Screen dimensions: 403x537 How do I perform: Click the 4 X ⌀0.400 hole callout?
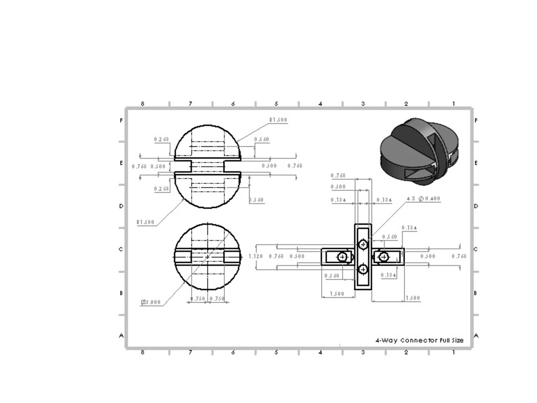[x=423, y=199]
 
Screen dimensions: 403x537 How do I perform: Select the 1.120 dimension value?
[x=256, y=256]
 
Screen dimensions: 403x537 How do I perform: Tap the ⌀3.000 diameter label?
[x=151, y=302]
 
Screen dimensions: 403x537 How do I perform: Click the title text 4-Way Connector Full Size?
[x=419, y=340]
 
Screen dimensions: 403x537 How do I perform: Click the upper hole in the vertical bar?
[x=363, y=244]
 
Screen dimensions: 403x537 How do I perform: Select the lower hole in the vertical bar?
[x=363, y=269]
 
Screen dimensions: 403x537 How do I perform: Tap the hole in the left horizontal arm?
[x=342, y=257]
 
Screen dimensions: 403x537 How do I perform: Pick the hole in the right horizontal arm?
[x=383, y=257]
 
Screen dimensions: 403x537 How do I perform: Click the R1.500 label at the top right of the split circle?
[x=278, y=120]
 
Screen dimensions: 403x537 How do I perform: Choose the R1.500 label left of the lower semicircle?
[x=145, y=222]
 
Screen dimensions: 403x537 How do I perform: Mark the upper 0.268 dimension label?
[x=161, y=140]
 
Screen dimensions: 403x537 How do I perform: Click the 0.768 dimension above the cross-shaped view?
[x=338, y=176]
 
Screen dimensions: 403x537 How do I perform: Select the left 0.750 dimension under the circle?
[x=199, y=299]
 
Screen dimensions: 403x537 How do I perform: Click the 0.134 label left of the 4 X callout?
[x=383, y=200]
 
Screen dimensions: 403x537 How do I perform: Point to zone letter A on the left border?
[x=121, y=335]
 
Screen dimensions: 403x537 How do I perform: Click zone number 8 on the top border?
[x=142, y=104]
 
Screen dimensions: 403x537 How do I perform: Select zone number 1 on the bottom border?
[x=453, y=352]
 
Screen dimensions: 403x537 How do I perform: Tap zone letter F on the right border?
[x=476, y=121]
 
